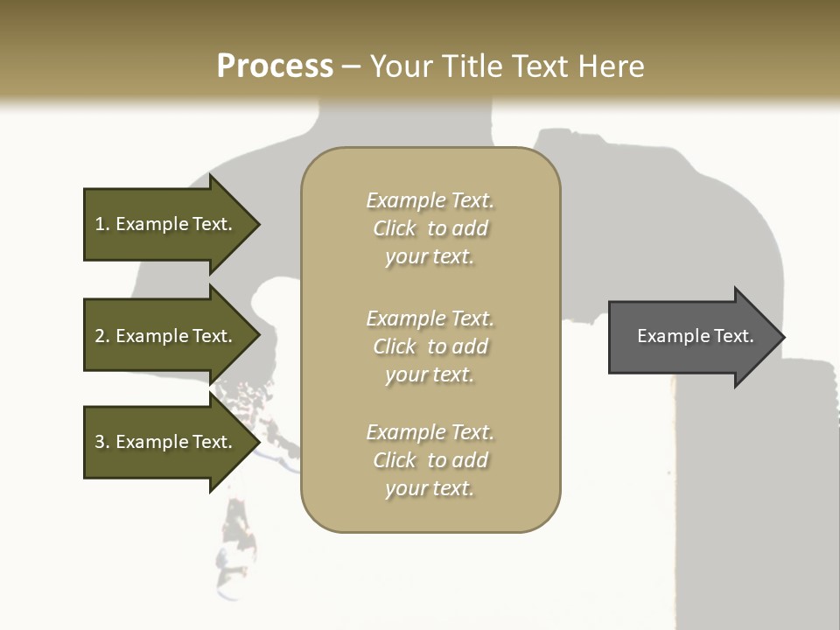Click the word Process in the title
tap(275, 66)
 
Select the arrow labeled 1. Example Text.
tap(166, 224)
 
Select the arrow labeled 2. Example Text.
tap(166, 336)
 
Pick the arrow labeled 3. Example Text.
tap(166, 442)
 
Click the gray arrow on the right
tap(691, 336)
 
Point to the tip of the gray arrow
tap(782, 337)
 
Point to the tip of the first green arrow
tap(258, 224)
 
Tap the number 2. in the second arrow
tap(102, 336)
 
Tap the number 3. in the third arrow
tap(102, 442)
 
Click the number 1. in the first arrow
tap(102, 224)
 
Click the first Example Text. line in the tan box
tap(430, 200)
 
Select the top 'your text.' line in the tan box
tap(430, 256)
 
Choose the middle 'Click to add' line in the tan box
tap(430, 346)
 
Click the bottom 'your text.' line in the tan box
tap(430, 488)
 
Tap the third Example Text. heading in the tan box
tap(430, 432)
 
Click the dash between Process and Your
tap(352, 66)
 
